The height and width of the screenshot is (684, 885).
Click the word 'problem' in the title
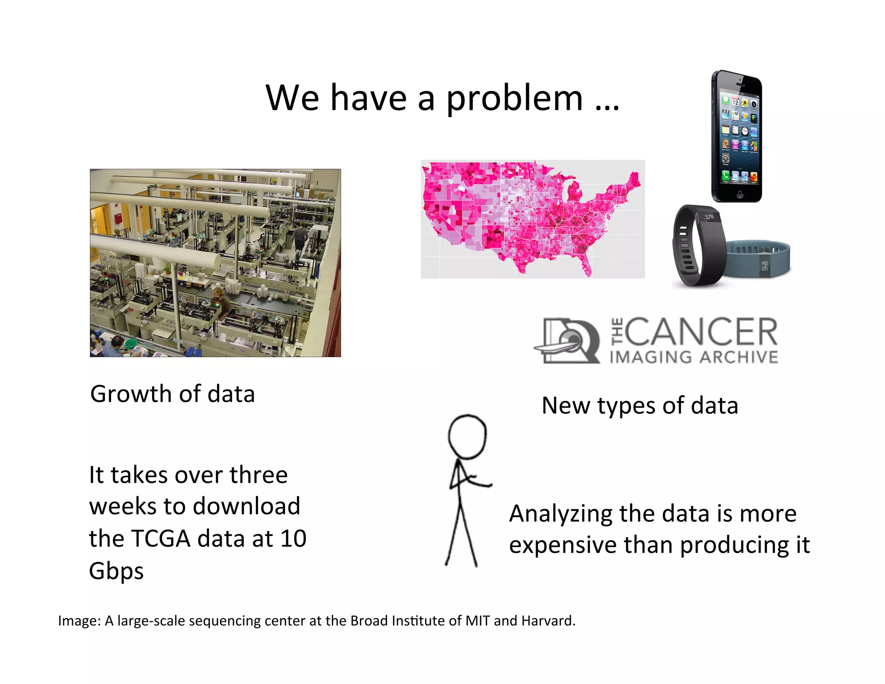pos(514,99)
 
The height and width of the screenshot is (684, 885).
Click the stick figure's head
pos(467,436)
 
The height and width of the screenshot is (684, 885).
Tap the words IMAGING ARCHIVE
pos(694,357)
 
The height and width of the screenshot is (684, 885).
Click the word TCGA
pos(160,539)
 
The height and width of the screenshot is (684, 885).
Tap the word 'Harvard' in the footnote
pos(548,621)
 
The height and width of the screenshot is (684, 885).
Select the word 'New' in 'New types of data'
pos(566,406)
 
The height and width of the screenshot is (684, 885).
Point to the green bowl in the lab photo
pos(131,344)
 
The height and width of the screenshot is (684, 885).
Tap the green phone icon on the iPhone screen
pos(726,175)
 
